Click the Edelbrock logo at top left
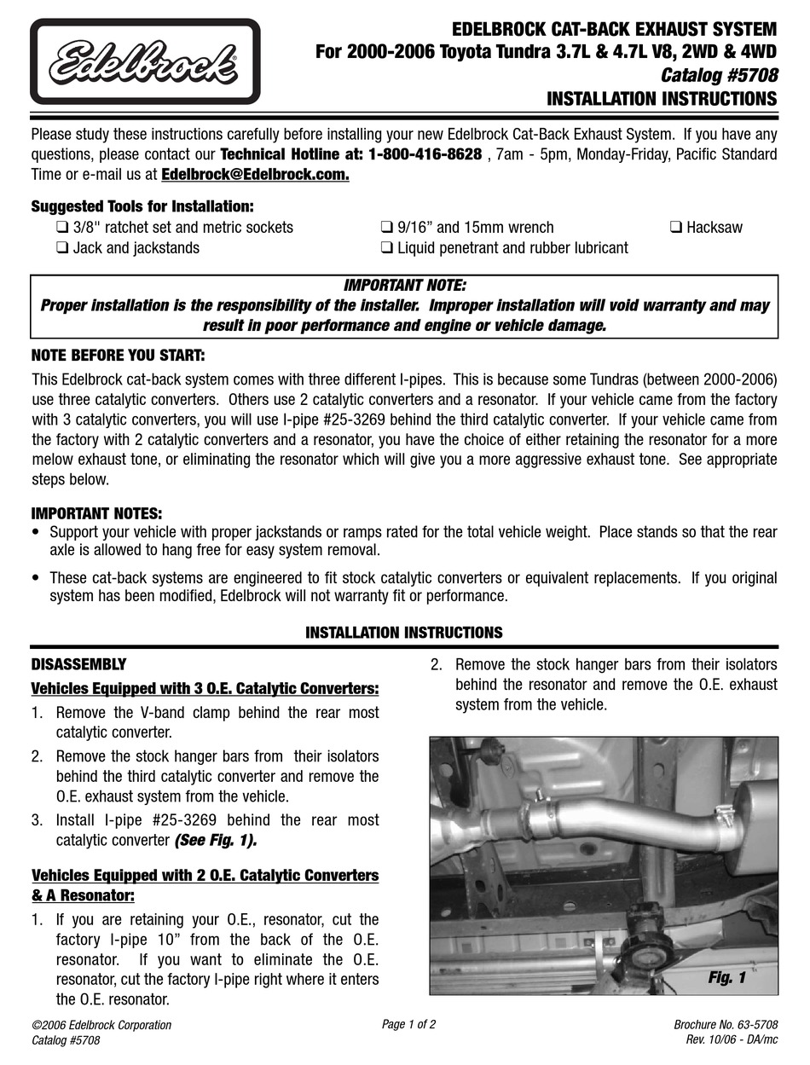click(x=145, y=61)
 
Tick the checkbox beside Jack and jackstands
click(x=62, y=248)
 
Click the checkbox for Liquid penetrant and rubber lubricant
click(x=386, y=248)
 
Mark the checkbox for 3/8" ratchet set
click(x=62, y=228)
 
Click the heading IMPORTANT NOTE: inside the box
click(x=404, y=285)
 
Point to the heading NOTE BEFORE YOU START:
click(x=118, y=355)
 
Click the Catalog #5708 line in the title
click(x=719, y=76)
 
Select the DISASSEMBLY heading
click(x=78, y=664)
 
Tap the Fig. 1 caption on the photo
click(x=726, y=978)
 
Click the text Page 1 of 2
click(x=409, y=1024)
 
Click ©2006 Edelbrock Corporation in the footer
click(x=101, y=1025)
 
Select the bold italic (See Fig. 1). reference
click(x=216, y=841)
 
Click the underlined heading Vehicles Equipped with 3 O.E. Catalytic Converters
click(x=205, y=688)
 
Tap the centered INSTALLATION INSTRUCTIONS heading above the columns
click(x=404, y=633)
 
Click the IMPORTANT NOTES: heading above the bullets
click(x=96, y=513)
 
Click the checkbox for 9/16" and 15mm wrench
click(x=386, y=228)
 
